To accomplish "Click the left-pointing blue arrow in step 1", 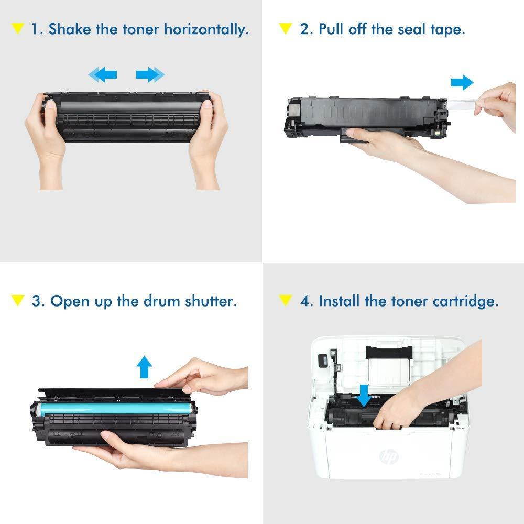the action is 103,75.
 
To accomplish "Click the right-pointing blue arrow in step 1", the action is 150,75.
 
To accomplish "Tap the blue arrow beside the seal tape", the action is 462,82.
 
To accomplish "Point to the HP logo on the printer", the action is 388,456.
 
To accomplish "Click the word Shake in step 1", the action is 70,29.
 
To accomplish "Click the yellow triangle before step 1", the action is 18,28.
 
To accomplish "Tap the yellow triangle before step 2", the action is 286,28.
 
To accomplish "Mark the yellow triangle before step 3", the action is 18,301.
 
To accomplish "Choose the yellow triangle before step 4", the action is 286,301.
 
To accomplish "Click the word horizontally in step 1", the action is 206,29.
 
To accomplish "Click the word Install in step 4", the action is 340,301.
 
